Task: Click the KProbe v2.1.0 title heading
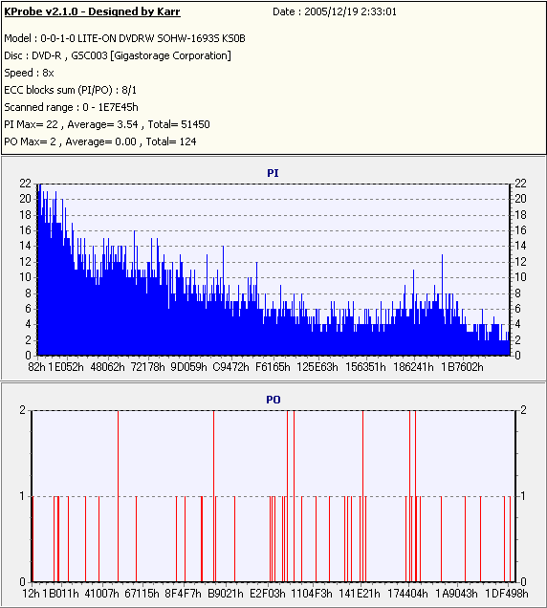(x=92, y=11)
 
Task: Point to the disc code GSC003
(x=89, y=55)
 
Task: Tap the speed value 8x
(x=48, y=73)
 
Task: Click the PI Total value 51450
(x=195, y=124)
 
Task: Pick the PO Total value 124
(x=187, y=141)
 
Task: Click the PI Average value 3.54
(x=127, y=124)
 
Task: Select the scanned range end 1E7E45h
(x=118, y=107)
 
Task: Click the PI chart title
(x=273, y=173)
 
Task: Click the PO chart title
(x=273, y=400)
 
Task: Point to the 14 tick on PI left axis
(x=25, y=246)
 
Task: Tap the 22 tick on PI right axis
(x=520, y=184)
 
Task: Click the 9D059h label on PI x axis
(x=189, y=367)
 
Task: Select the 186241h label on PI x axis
(x=413, y=367)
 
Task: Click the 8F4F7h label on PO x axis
(x=183, y=594)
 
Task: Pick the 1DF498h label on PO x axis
(x=507, y=594)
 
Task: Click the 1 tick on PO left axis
(x=23, y=496)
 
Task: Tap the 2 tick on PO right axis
(x=523, y=410)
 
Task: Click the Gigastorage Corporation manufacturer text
(x=170, y=55)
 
